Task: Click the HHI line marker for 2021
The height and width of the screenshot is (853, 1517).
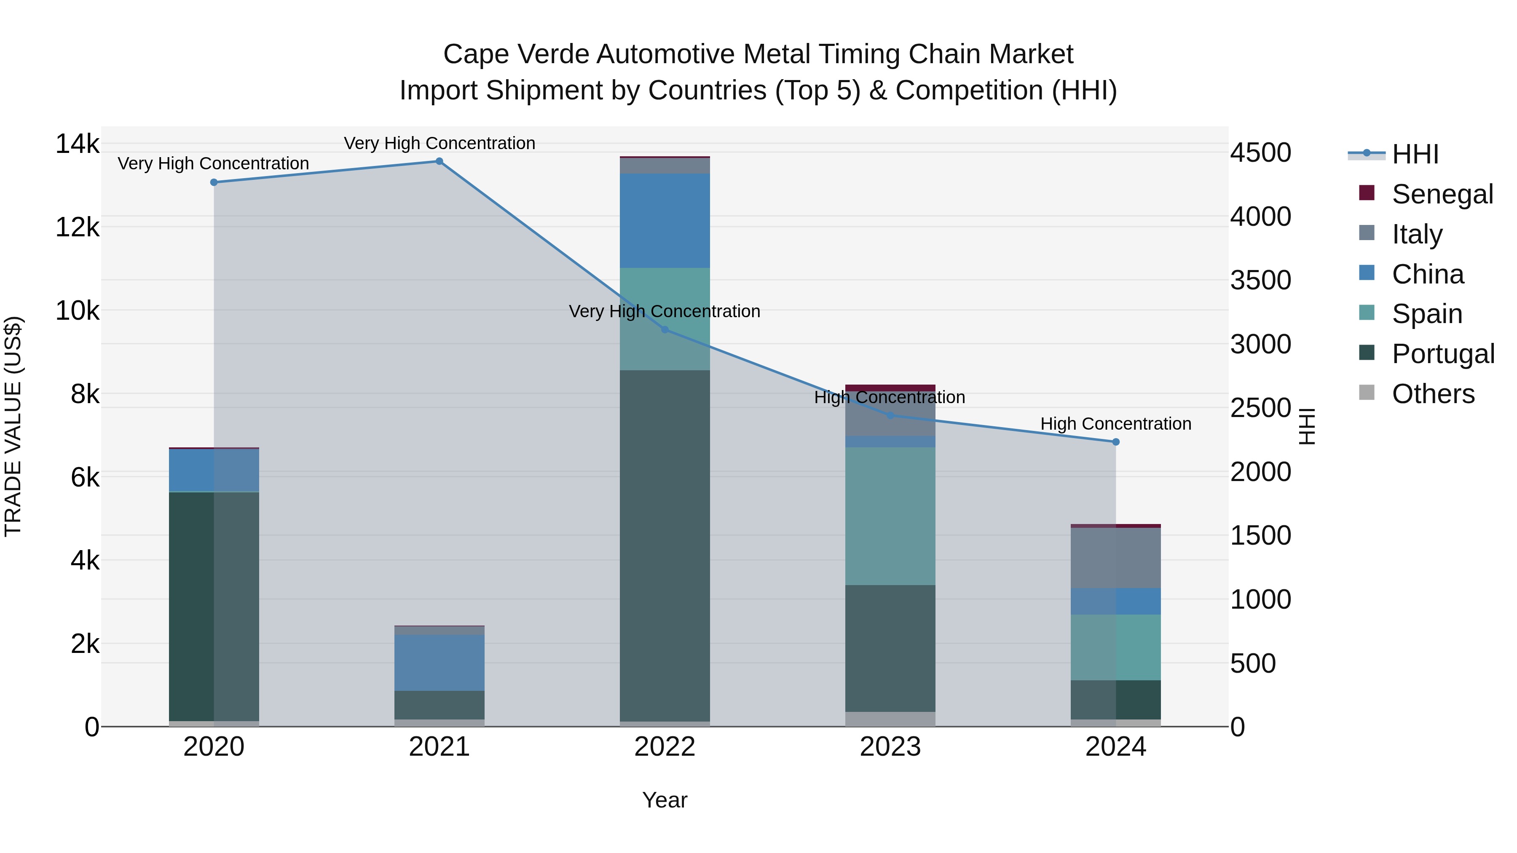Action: [440, 161]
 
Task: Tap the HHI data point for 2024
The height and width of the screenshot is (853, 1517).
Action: [1115, 442]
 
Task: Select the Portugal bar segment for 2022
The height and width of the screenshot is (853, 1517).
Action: [665, 545]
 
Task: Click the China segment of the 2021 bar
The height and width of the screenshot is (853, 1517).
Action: [440, 663]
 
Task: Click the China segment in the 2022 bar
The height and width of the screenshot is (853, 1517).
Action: [665, 221]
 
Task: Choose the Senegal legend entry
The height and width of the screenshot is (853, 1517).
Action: [1442, 194]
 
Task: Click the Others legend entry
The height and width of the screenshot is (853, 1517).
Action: [1433, 394]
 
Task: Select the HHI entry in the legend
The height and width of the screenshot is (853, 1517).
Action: [1415, 154]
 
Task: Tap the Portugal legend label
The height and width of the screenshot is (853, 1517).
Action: [1443, 354]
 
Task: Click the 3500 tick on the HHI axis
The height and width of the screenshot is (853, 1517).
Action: [1260, 280]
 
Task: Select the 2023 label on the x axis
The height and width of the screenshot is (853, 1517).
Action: [890, 747]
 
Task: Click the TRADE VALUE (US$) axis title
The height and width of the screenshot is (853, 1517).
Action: [13, 426]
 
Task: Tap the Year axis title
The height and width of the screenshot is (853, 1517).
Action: [665, 800]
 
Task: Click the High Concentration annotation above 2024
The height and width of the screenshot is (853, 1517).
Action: [1115, 424]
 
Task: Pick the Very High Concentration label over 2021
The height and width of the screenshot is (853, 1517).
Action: [440, 143]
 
